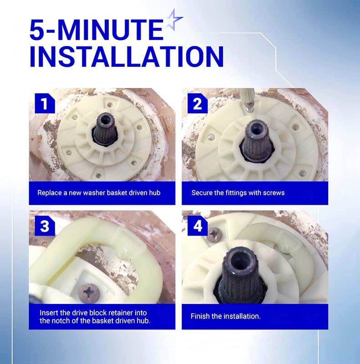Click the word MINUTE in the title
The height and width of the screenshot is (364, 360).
pyautogui.click(x=113, y=30)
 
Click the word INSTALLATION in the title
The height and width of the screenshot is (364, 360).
pyautogui.click(x=127, y=56)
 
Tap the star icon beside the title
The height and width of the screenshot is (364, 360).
pyautogui.click(x=174, y=20)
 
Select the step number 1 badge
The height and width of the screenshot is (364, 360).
pyautogui.click(x=45, y=103)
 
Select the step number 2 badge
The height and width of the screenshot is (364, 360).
pyautogui.click(x=198, y=103)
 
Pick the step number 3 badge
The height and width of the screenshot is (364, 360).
pyautogui.click(x=45, y=226)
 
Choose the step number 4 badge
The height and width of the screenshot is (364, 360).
pyautogui.click(x=198, y=226)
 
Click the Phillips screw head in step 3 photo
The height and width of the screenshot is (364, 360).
pyautogui.click(x=89, y=293)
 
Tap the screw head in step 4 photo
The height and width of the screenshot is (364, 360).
pyautogui.click(x=214, y=235)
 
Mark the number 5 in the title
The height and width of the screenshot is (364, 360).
pyautogui.click(x=37, y=30)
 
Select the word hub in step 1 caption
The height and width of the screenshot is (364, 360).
pyautogui.click(x=155, y=192)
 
